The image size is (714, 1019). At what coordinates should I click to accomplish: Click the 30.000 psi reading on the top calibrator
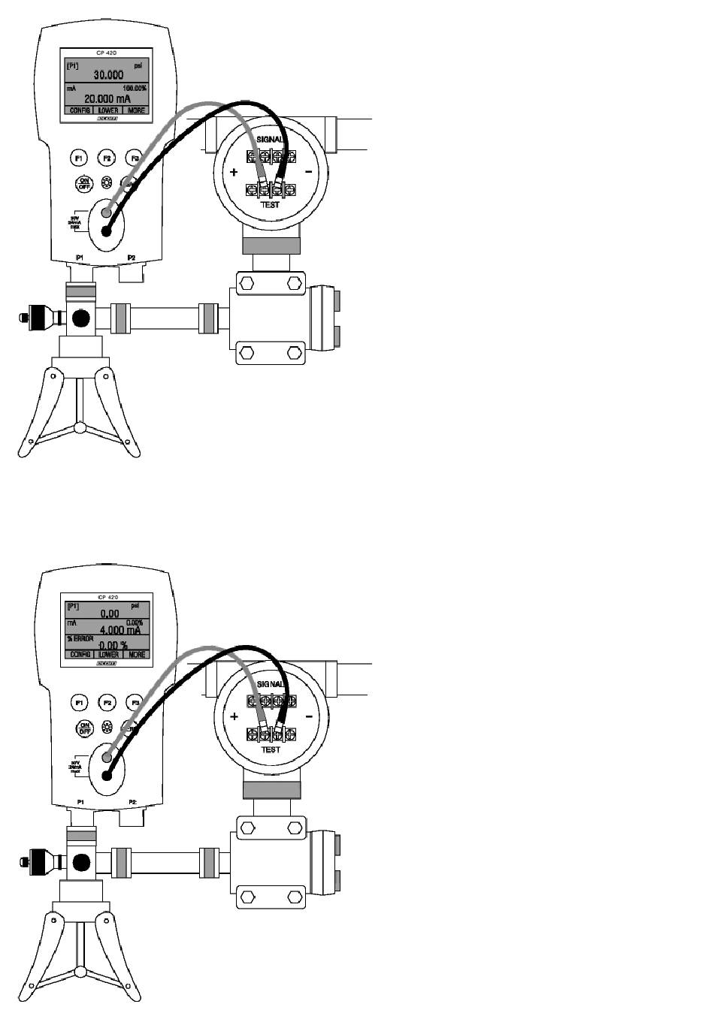[108, 75]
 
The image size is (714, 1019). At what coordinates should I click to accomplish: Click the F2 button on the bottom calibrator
[107, 703]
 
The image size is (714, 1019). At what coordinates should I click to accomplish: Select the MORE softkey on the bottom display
[136, 655]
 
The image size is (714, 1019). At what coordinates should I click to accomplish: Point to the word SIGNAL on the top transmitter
[271, 140]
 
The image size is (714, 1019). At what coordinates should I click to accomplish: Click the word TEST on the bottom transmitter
[270, 749]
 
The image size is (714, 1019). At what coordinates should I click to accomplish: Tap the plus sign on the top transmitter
[234, 172]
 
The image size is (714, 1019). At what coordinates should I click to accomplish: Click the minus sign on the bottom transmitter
[308, 716]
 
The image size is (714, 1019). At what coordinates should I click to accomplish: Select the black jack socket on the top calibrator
[106, 231]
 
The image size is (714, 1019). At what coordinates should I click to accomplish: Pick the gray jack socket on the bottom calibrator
[107, 759]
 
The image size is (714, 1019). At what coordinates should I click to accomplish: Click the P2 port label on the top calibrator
[132, 258]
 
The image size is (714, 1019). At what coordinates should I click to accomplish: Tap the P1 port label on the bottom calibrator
[80, 803]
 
